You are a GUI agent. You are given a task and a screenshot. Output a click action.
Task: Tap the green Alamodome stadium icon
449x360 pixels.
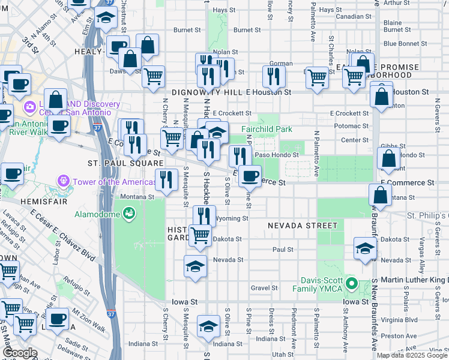pos(128,213)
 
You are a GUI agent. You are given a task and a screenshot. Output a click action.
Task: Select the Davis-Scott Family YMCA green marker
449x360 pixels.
pos(352,284)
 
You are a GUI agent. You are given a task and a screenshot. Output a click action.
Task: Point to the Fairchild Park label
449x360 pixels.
pos(267,129)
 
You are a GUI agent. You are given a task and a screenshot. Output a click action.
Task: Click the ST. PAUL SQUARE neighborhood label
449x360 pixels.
pos(125,163)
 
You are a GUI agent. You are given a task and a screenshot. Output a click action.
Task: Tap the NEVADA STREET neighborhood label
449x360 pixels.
pos(303,226)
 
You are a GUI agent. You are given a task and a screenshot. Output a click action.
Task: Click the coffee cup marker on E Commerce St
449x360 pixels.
pos(250,176)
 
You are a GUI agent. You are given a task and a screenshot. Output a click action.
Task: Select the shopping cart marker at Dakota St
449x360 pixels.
pos(200,235)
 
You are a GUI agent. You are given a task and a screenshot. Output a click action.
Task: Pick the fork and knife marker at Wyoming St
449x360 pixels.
pos(204,216)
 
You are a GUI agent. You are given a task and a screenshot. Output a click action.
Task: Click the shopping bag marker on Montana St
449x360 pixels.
pos(380,194)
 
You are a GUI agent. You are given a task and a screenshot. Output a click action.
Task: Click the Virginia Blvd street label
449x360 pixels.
pos(402,320)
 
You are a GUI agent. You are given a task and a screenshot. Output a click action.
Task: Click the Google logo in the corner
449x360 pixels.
pos(20,353)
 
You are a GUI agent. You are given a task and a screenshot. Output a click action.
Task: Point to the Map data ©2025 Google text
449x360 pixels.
pos(411,355)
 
